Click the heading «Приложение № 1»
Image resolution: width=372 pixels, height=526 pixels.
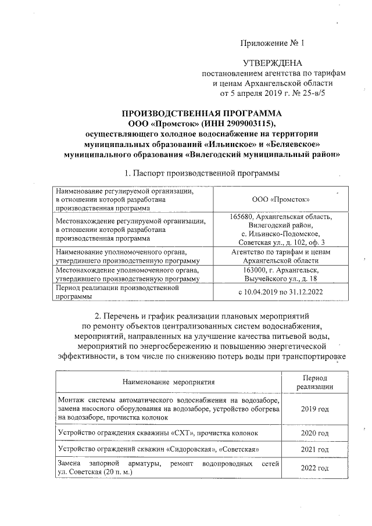click(273, 44)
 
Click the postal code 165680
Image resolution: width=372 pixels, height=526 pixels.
click(242, 217)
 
